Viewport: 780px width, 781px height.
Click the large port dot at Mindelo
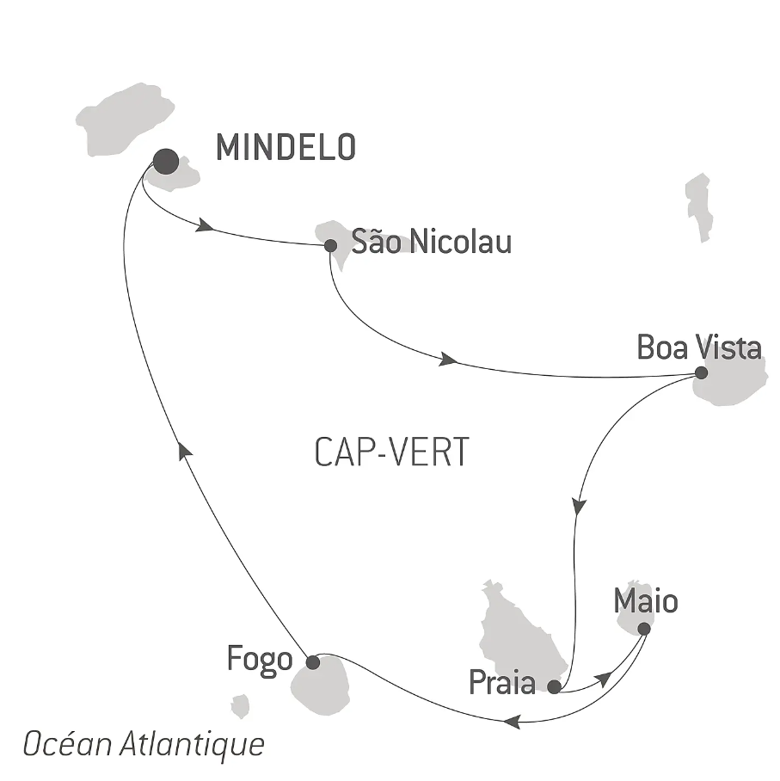point(166,162)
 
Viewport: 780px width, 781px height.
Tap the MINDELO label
point(286,147)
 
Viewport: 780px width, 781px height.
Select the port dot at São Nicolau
point(330,245)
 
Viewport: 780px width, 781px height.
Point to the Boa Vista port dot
point(701,372)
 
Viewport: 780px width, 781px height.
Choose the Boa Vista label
point(699,347)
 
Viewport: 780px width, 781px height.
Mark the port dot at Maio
point(644,629)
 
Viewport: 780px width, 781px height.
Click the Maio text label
point(646,601)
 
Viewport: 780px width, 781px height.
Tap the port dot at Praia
point(554,687)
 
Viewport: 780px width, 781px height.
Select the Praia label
point(502,682)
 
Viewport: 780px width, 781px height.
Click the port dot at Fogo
point(313,662)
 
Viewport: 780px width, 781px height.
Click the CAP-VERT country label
point(391,452)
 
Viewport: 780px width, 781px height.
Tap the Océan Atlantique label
point(144,745)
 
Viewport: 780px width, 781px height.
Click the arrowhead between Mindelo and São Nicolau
point(206,226)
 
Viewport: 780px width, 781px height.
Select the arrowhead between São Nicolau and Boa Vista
point(448,360)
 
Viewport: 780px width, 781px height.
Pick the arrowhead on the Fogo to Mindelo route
point(185,449)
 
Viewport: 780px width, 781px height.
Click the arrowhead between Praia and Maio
point(605,679)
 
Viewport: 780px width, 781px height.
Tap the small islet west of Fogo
point(240,706)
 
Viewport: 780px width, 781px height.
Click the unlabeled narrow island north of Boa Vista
point(699,207)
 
